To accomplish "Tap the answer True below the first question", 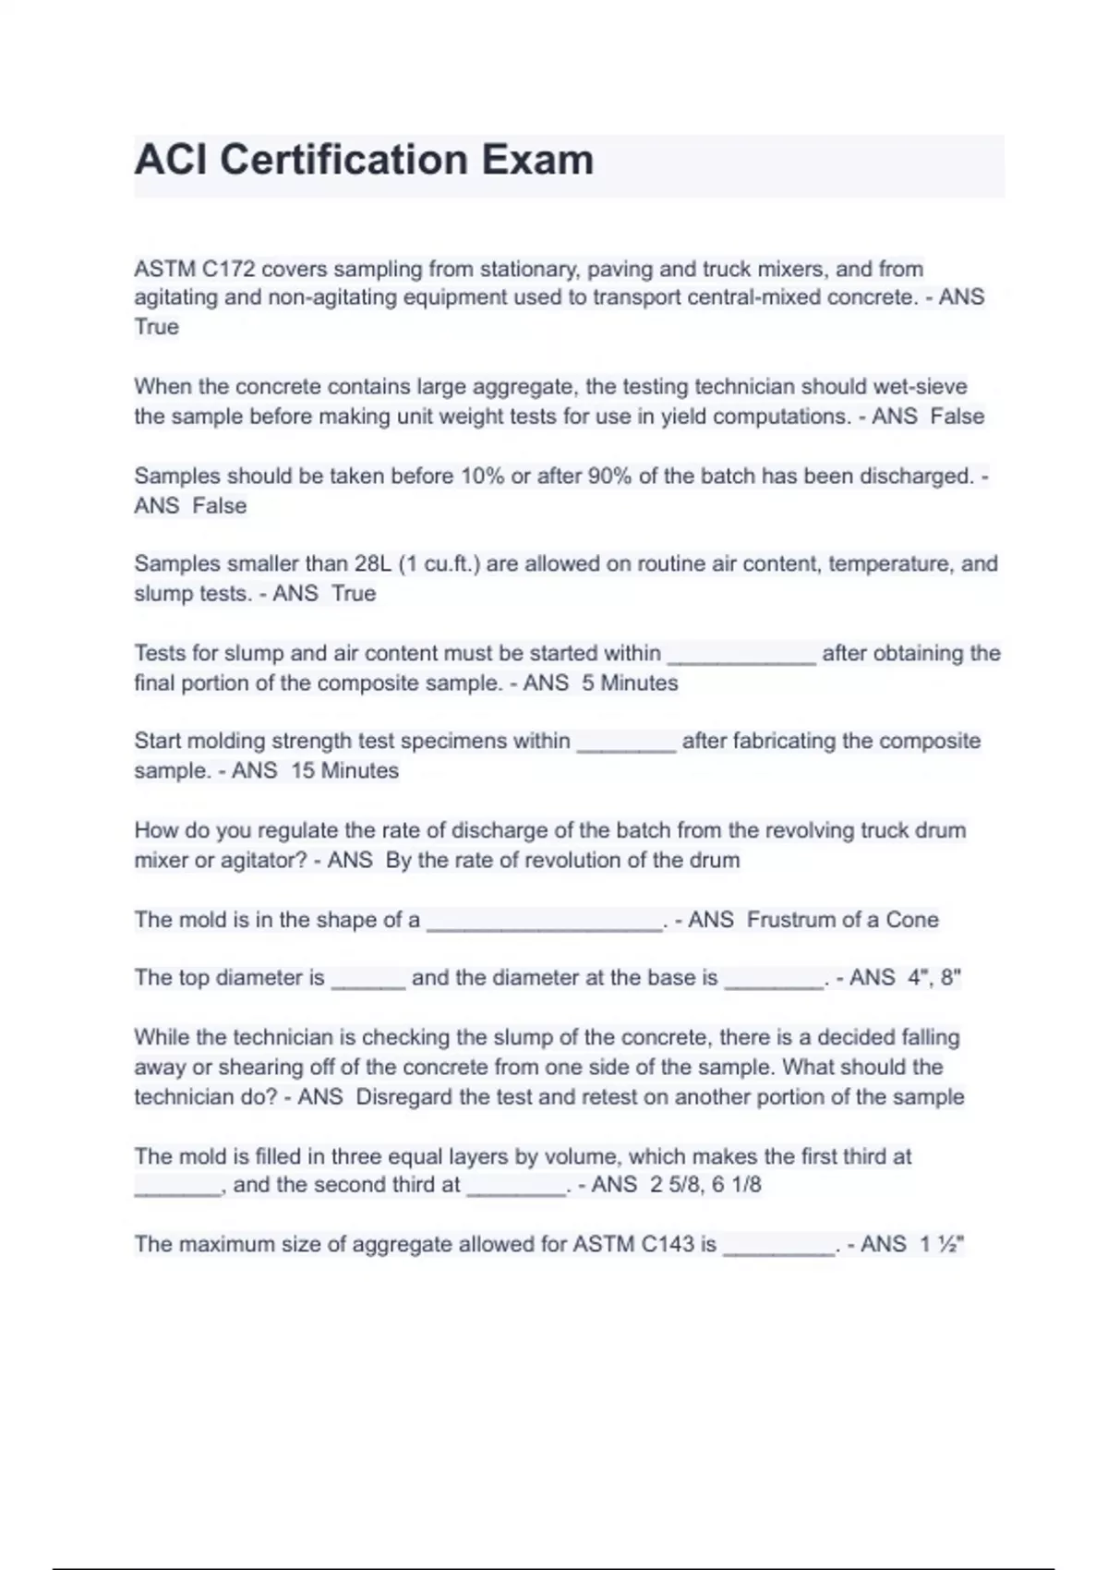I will [x=156, y=327].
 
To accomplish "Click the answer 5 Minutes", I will [x=630, y=682].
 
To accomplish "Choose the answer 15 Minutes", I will [x=344, y=770].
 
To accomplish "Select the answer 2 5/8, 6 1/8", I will [x=705, y=1184].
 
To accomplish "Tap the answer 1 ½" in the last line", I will [x=941, y=1244].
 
